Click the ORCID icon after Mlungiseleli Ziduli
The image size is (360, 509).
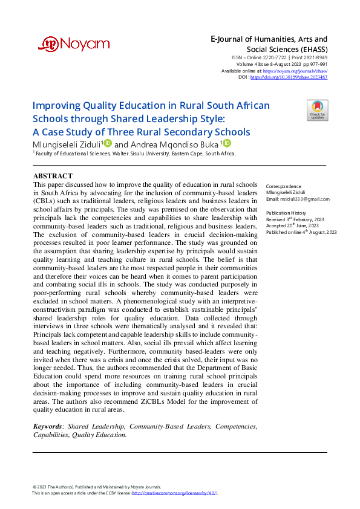point(108,143)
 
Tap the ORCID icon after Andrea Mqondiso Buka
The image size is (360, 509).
point(227,143)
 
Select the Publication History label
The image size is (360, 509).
point(287,213)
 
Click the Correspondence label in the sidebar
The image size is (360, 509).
point(284,186)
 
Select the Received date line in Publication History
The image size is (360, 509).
point(295,219)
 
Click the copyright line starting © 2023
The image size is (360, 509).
point(97,487)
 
